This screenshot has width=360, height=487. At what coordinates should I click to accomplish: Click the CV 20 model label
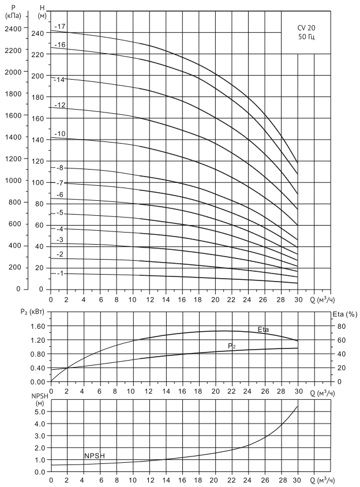(x=306, y=27)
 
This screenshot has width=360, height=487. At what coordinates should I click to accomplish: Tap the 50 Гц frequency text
(x=306, y=37)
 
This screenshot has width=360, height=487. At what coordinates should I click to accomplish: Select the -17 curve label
(x=59, y=27)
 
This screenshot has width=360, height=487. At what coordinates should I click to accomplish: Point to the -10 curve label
(x=59, y=134)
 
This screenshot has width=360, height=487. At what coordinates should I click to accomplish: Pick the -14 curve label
(x=59, y=79)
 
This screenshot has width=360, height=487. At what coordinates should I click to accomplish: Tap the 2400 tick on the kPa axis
(x=13, y=28)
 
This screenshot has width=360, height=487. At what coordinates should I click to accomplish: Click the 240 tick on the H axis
(x=37, y=33)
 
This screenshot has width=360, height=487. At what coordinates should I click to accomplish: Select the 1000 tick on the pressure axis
(x=13, y=181)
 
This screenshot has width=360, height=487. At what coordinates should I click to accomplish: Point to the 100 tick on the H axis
(x=37, y=182)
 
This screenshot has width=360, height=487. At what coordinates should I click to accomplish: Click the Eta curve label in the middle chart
(x=264, y=329)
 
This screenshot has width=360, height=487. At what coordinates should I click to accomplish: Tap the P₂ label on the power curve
(x=231, y=345)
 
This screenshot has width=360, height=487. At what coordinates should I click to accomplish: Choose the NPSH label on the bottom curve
(x=95, y=456)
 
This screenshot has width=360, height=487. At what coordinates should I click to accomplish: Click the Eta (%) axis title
(x=344, y=314)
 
